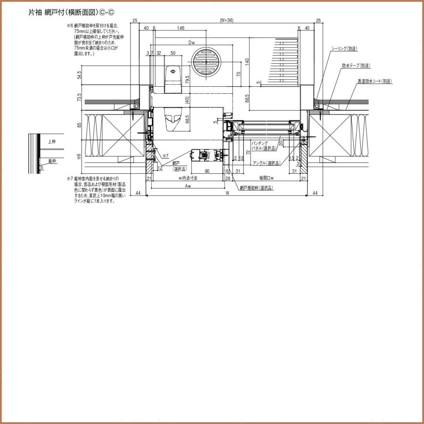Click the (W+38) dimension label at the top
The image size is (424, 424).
[227, 20]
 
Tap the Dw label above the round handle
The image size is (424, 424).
[192, 42]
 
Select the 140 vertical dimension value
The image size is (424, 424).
[246, 61]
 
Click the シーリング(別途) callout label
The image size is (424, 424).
[344, 49]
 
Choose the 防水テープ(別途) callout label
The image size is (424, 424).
[356, 65]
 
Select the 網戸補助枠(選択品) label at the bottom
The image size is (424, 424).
[256, 188]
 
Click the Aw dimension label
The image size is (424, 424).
[188, 186]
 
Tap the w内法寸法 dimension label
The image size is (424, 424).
[188, 178]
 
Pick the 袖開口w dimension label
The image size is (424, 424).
[267, 178]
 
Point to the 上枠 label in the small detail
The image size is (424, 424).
[51, 141]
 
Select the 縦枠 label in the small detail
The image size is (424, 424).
[51, 161]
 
